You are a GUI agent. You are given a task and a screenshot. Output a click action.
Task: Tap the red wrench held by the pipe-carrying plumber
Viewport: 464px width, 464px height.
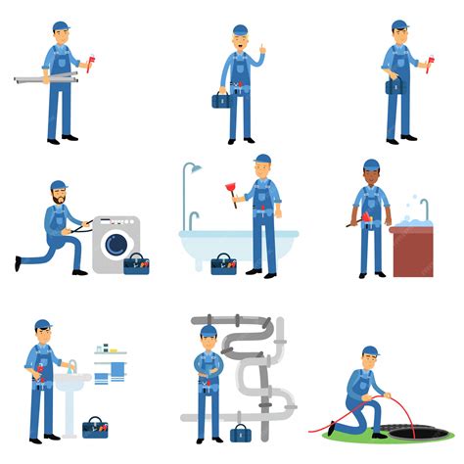click(x=91, y=66)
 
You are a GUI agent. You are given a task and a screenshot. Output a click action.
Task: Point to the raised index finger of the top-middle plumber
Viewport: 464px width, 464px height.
click(x=260, y=47)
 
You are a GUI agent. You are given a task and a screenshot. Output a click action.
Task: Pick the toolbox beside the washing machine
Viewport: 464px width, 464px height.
click(x=135, y=263)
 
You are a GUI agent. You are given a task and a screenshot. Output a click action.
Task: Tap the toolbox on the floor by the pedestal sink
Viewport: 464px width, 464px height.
click(x=95, y=427)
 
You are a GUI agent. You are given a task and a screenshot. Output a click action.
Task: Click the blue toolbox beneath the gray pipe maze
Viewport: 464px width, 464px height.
click(x=239, y=432)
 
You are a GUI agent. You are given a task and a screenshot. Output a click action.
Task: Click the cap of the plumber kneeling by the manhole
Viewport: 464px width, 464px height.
click(x=369, y=350)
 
